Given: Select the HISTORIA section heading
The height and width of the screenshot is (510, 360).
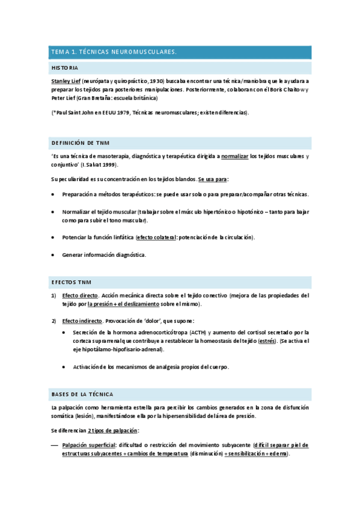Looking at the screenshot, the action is pos(65,68).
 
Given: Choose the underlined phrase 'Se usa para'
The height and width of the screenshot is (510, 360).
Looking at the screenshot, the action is pos(213,179).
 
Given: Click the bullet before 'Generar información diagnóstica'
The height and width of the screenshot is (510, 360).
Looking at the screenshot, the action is pos(53,254).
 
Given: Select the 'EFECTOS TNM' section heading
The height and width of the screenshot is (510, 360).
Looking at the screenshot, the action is pos(71,281).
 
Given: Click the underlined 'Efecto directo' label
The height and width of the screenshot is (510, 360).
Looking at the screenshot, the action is pos(81,295).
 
